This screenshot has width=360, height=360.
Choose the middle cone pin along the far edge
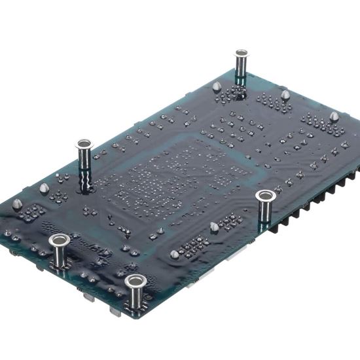pos(285,95)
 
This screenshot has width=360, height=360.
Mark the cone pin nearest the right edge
pos(334,117)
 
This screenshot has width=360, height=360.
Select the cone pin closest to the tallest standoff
pos(44,189)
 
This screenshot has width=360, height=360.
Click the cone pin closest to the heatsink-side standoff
pos(213,226)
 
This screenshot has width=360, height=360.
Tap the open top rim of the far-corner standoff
pos(242,52)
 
